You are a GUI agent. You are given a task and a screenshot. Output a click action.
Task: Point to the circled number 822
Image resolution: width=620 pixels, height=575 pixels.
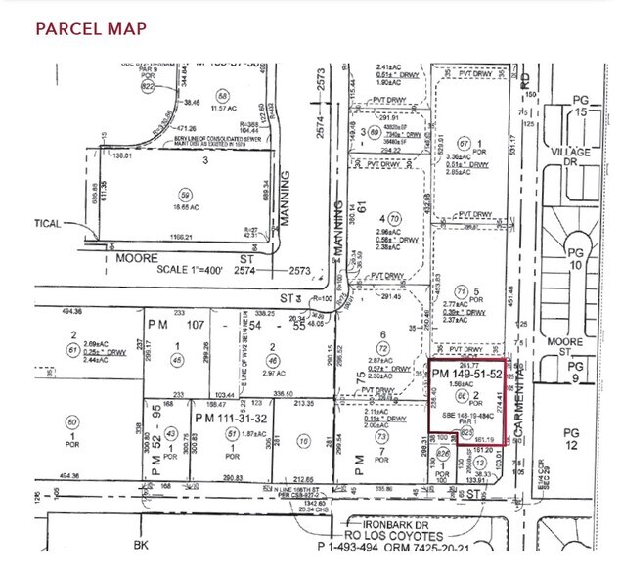coord(148,85)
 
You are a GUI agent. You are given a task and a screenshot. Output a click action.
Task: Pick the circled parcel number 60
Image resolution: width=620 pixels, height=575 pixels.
coord(72,422)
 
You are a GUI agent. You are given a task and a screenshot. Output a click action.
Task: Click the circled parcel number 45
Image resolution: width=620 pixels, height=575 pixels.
coord(177,360)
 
